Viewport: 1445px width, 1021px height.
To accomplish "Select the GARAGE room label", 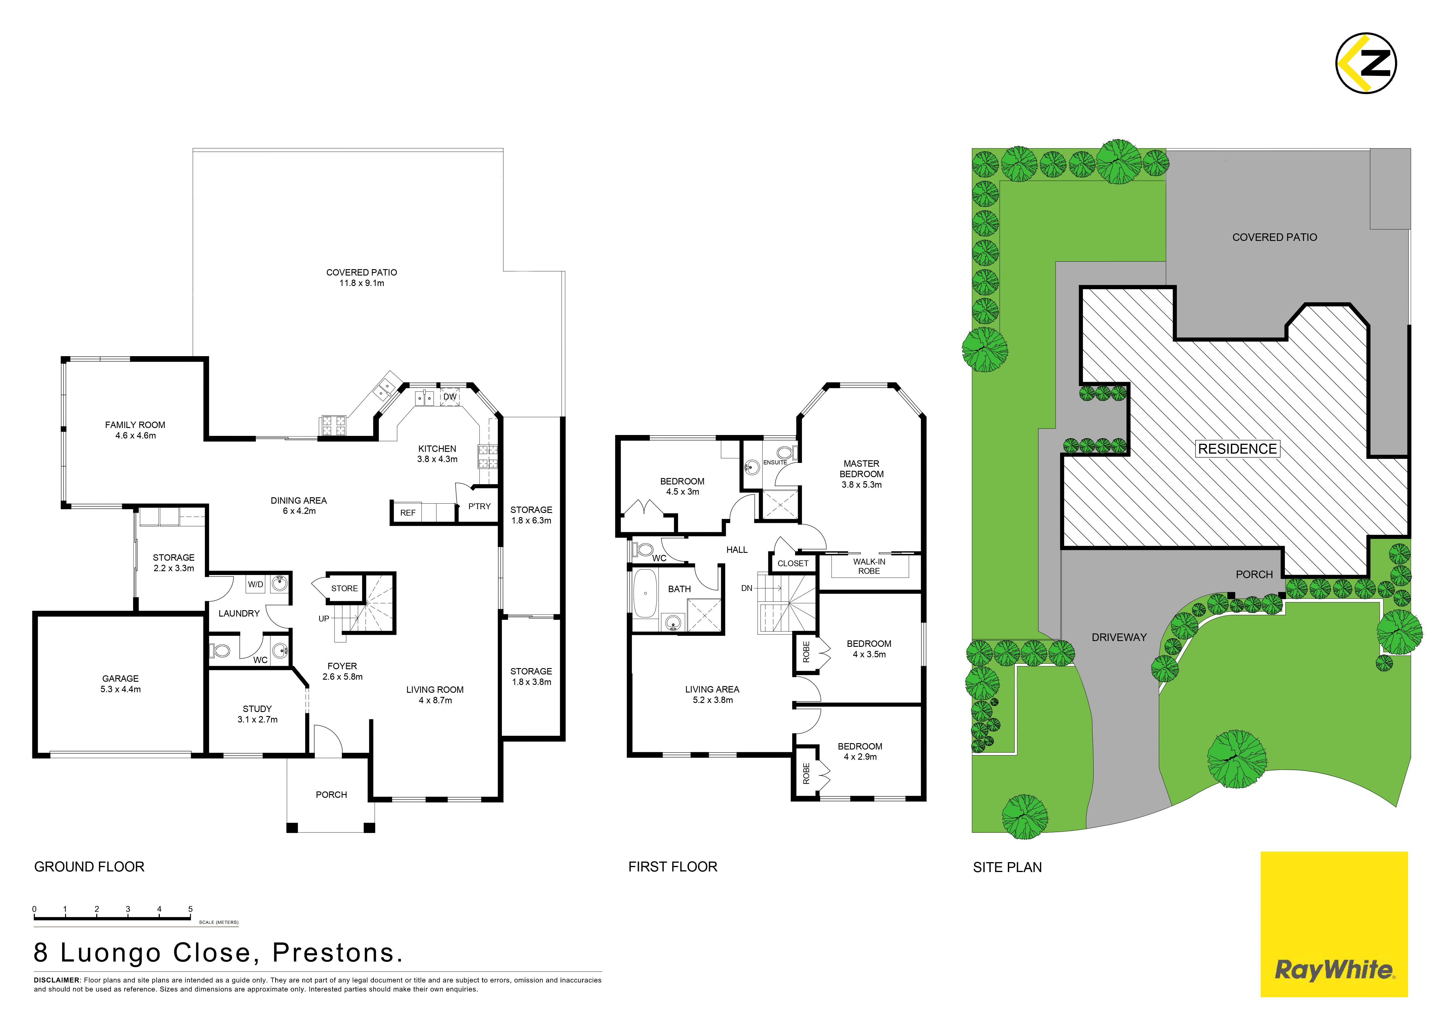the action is [120, 678].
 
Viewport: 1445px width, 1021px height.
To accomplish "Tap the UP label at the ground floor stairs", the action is [323, 618].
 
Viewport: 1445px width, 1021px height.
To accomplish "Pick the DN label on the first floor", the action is [747, 588].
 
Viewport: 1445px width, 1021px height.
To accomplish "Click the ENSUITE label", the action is [775, 462].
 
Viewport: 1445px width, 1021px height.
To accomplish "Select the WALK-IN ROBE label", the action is [869, 566].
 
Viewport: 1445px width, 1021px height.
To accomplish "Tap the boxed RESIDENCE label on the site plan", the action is [1237, 449].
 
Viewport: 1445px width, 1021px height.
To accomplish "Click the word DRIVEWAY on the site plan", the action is [1119, 637].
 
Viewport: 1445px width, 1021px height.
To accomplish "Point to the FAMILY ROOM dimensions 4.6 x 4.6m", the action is [135, 435].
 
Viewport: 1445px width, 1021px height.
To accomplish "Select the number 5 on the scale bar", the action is [190, 909].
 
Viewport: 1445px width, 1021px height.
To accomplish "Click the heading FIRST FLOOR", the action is [673, 867].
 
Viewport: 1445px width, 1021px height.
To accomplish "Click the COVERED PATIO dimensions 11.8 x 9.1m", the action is [362, 283].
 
